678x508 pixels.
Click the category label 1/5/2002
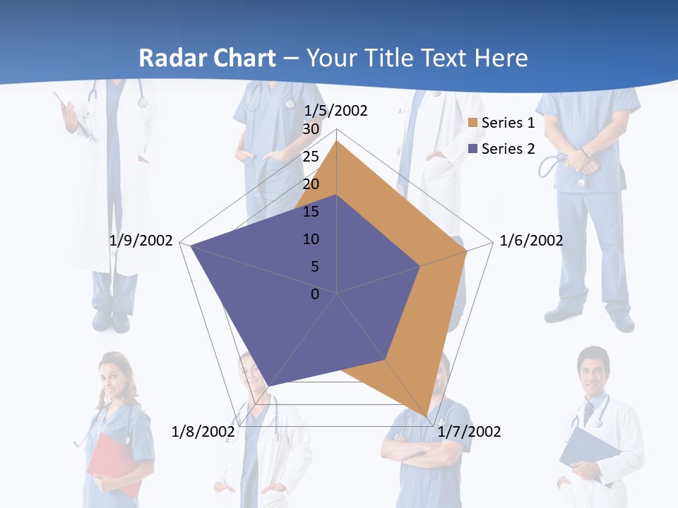[336, 111]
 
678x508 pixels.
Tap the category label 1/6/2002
[531, 241]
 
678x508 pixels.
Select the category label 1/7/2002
[469, 431]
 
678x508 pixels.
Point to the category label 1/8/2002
[203, 431]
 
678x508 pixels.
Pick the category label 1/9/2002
[141, 241]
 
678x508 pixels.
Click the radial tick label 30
[311, 129]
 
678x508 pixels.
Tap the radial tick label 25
[311, 157]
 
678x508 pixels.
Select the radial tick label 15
[311, 212]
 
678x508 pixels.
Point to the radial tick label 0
[315, 294]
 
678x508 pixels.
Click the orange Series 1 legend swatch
[473, 123]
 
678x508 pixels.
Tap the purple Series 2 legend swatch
[473, 149]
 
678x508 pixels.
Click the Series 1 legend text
[508, 123]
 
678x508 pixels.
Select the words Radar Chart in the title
[207, 58]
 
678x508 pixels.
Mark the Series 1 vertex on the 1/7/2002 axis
[427, 416]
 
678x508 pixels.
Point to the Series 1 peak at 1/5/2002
[337, 142]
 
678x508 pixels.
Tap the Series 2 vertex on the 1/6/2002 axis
[420, 266]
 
